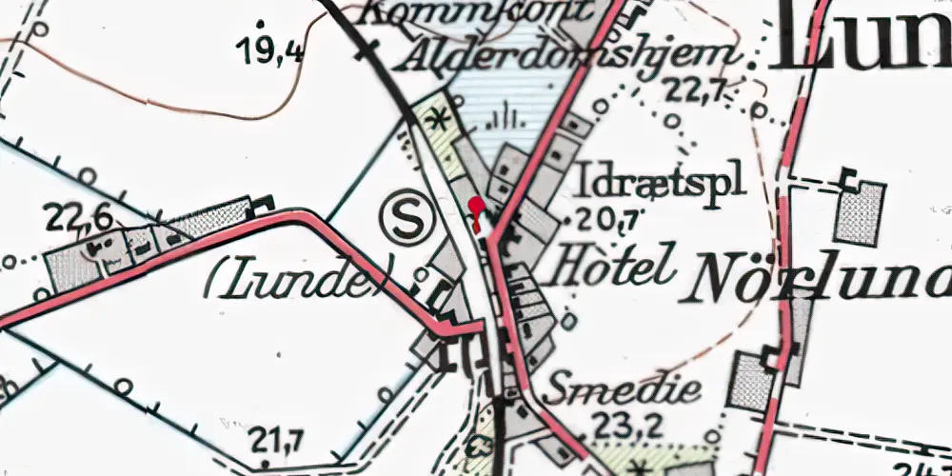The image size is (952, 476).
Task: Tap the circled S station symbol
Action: (407, 222)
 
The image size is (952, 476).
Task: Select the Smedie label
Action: (624, 388)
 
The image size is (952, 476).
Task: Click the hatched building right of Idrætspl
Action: (860, 212)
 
